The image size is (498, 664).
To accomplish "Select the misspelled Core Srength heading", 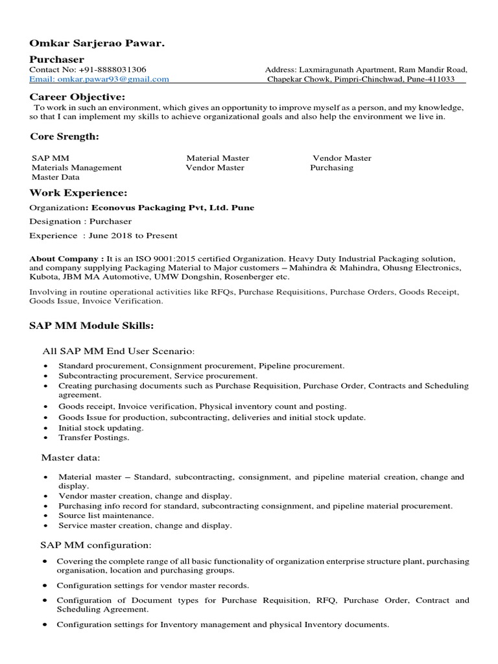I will tap(65, 137).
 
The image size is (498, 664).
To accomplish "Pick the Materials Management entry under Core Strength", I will tap(77, 167).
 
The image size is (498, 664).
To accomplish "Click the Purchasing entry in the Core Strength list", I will tap(331, 167).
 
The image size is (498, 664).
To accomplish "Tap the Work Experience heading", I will tap(78, 193).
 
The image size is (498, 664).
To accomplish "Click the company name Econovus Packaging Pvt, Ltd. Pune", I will tap(172, 208).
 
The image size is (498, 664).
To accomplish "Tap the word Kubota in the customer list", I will tap(43, 277).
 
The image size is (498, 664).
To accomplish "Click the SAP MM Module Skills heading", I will tap(91, 324).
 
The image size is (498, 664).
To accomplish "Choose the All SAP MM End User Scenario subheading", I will tap(118, 351).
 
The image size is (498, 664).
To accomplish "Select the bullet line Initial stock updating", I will tap(101, 428).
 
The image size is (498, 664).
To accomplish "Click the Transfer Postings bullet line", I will tap(93, 438).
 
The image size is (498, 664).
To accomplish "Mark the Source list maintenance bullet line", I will tap(106, 516).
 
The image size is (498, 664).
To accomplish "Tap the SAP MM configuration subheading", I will tap(96, 545).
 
